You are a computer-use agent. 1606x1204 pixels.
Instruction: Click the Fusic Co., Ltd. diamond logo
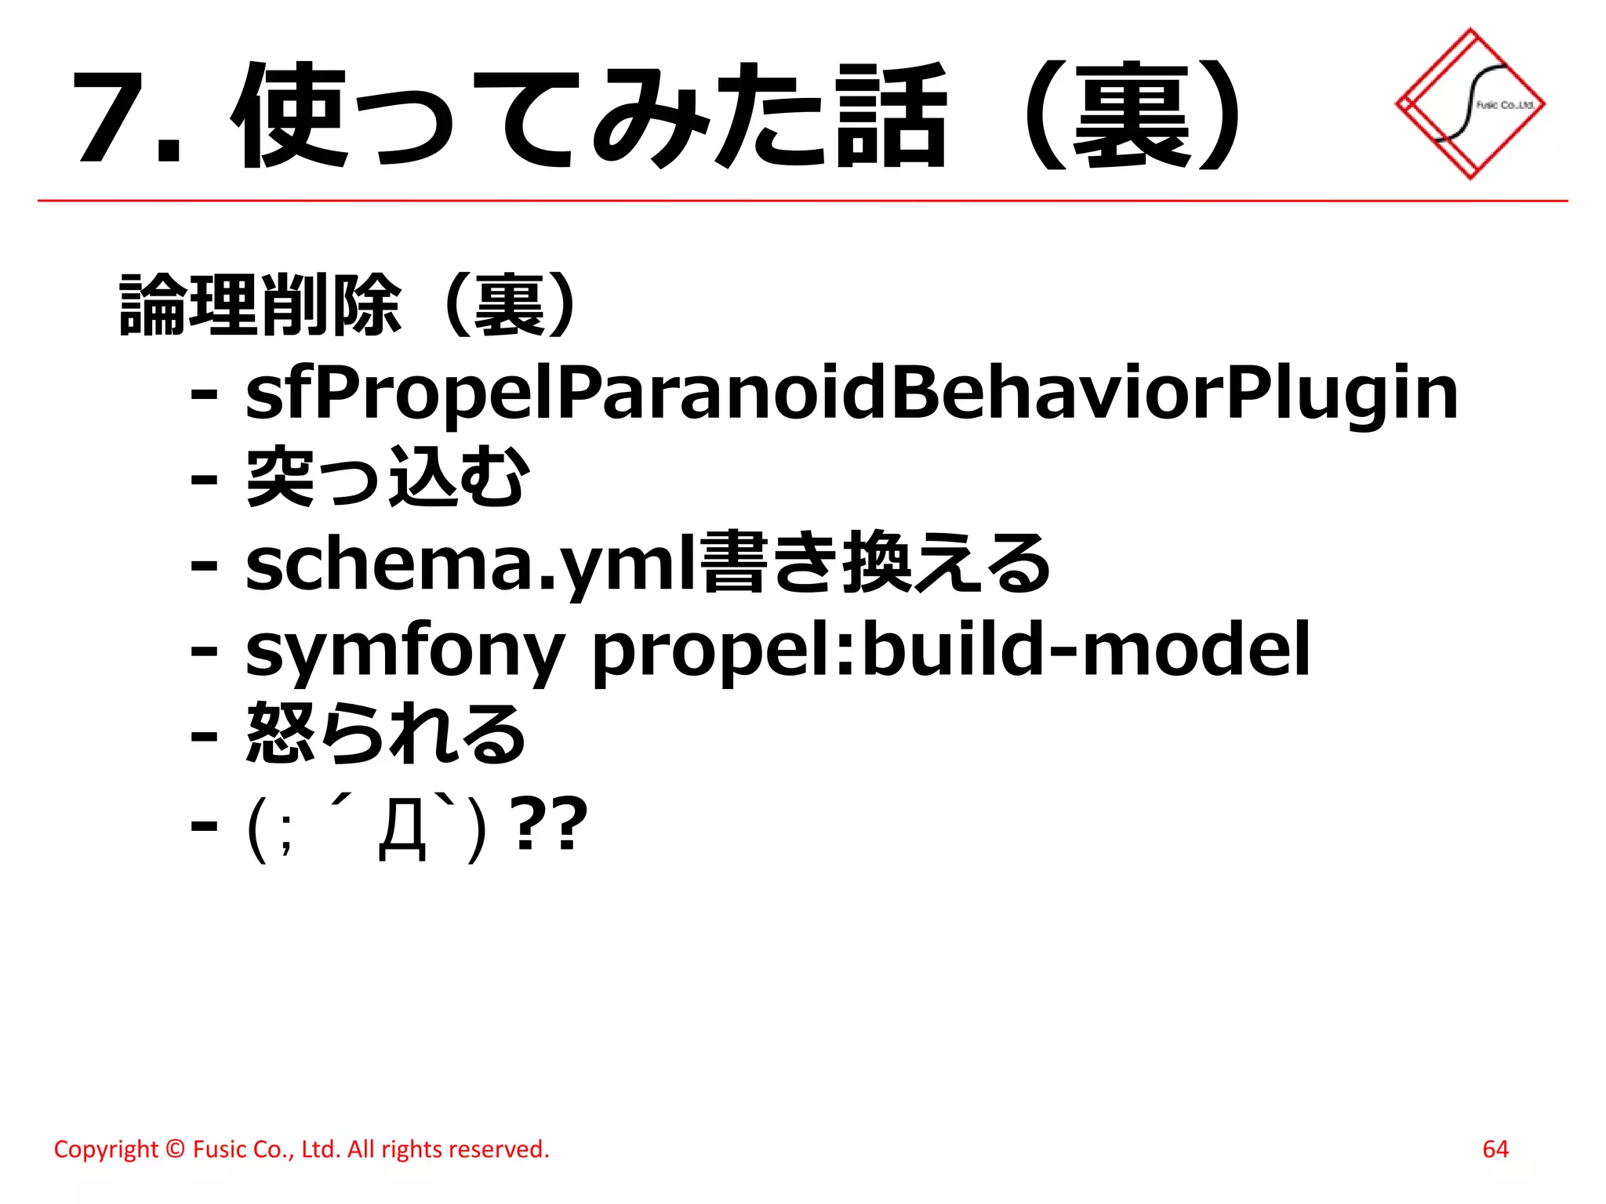point(1470,103)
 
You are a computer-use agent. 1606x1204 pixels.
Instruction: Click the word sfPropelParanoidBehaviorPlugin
point(852,394)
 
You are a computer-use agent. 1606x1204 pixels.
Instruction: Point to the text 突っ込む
point(388,477)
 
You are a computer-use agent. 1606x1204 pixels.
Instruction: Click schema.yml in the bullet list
point(471,564)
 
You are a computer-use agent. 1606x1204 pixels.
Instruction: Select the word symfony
point(405,651)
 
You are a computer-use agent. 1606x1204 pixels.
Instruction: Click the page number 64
point(1495,1149)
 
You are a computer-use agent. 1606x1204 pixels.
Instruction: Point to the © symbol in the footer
point(176,1149)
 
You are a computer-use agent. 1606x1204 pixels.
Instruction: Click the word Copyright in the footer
point(106,1150)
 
